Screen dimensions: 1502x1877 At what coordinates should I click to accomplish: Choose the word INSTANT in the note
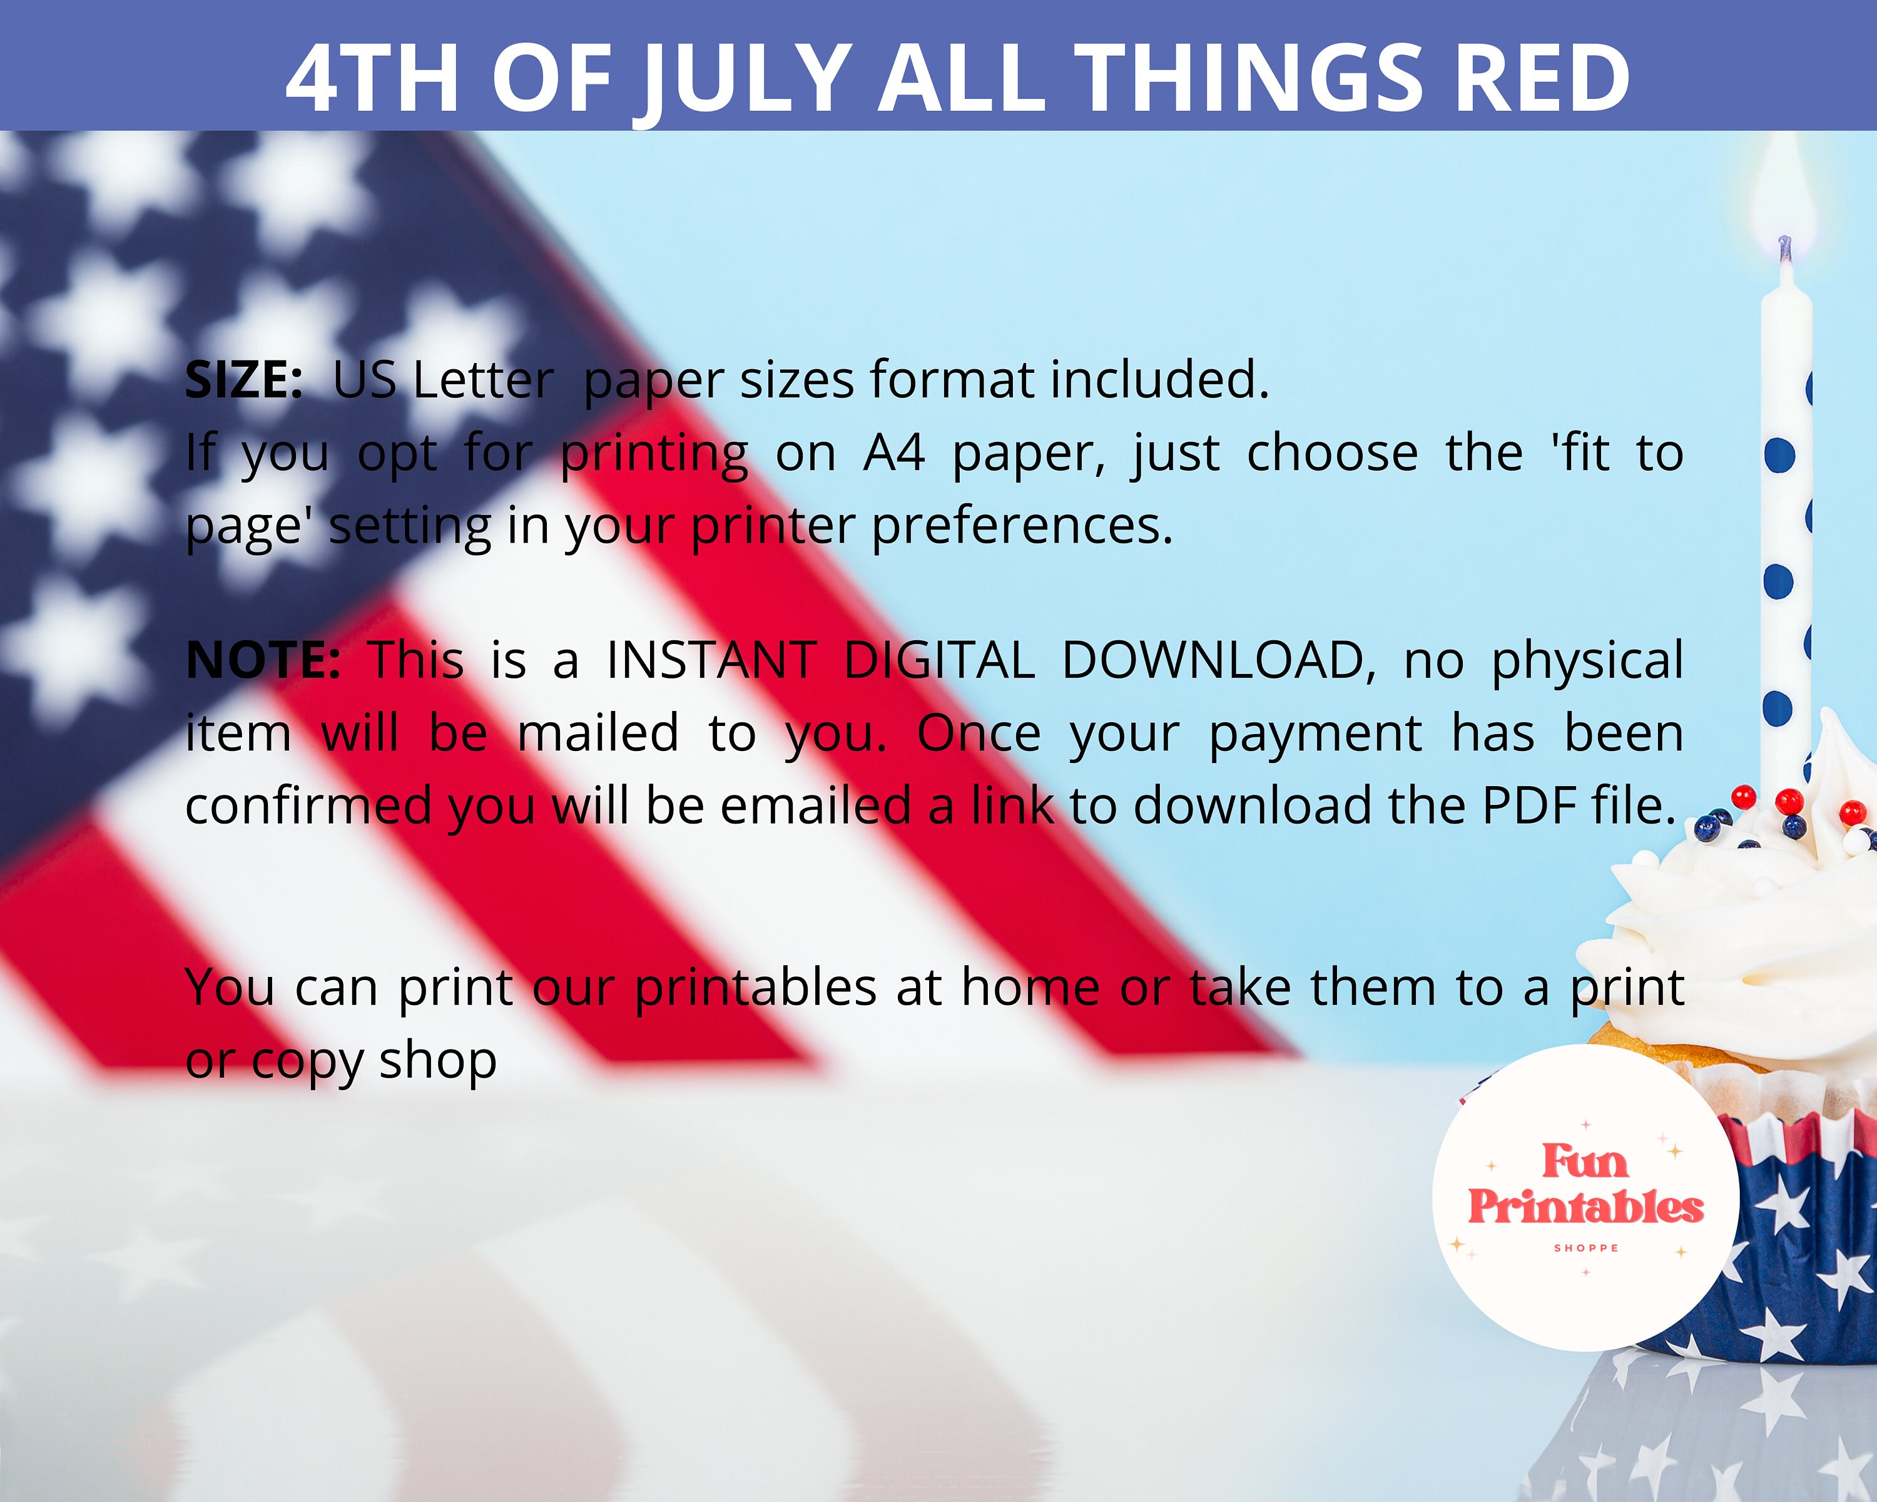[711, 660]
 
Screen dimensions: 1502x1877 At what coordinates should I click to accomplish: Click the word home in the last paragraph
[1030, 988]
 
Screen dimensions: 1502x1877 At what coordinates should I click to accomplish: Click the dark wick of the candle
[1785, 248]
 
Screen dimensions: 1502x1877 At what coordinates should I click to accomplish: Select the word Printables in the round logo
[1585, 1208]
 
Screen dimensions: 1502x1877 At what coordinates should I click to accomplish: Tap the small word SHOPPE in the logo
[1586, 1248]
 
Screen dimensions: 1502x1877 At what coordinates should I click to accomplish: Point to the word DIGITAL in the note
[938, 660]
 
